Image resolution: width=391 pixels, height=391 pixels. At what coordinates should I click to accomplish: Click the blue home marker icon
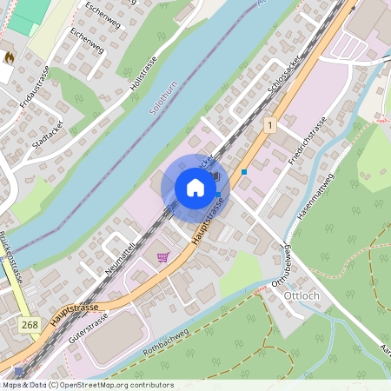[195, 187]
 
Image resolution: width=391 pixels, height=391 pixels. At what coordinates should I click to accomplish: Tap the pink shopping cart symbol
[162, 257]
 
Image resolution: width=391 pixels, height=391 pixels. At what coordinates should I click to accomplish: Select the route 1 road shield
[270, 125]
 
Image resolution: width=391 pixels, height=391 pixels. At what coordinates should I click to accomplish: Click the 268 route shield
[28, 324]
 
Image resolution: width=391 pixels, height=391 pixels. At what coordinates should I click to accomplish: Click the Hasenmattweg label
[315, 200]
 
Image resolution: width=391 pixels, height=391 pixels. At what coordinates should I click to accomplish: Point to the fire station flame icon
[9, 57]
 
